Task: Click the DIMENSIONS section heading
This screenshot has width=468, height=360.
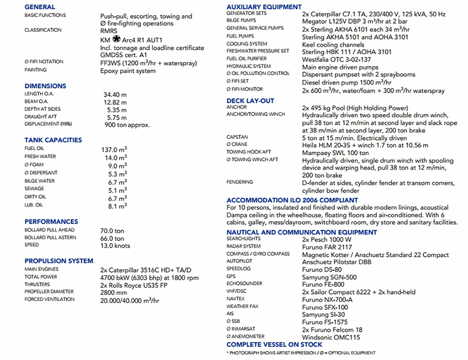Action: (45, 86)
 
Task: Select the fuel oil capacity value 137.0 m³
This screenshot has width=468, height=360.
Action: (113, 149)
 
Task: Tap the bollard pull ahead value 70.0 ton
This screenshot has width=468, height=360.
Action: (112, 231)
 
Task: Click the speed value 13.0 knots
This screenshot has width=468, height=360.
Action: (115, 245)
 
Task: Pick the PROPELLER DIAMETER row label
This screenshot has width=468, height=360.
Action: (50, 292)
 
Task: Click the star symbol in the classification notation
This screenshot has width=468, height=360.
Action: (116, 39)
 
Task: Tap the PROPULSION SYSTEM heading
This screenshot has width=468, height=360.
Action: (59, 261)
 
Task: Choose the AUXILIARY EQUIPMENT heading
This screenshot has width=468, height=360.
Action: (264, 7)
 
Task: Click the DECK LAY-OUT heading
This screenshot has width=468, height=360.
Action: (250, 101)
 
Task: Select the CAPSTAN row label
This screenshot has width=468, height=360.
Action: (237, 137)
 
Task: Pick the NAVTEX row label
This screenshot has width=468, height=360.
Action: (236, 299)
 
